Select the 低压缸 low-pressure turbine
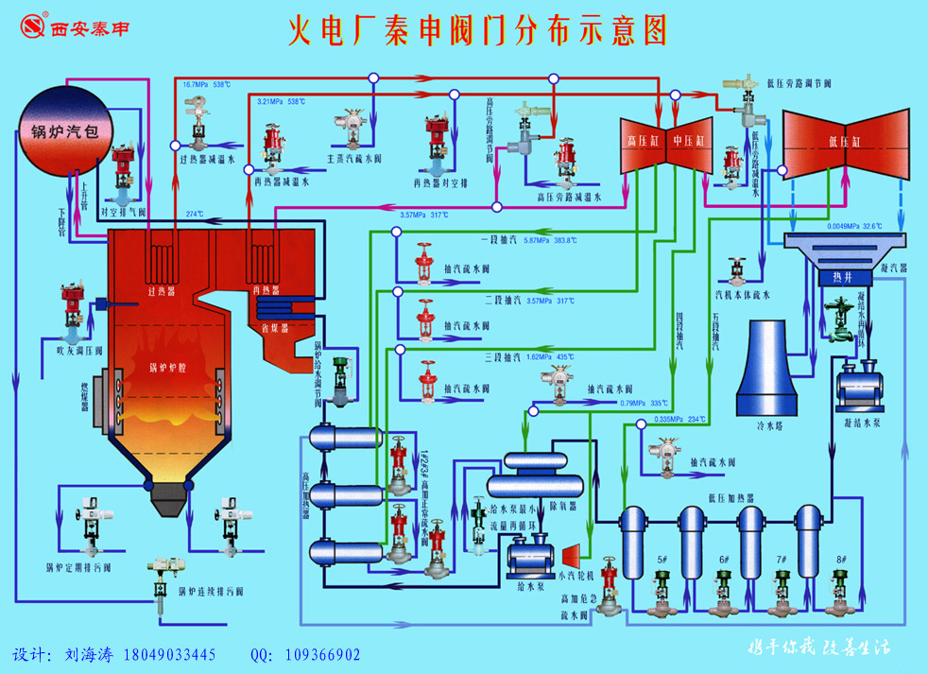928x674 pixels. coord(842,143)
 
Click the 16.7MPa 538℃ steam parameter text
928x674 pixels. coord(207,85)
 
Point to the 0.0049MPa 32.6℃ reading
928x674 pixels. coord(854,227)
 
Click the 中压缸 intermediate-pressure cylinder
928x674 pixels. coord(689,144)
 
